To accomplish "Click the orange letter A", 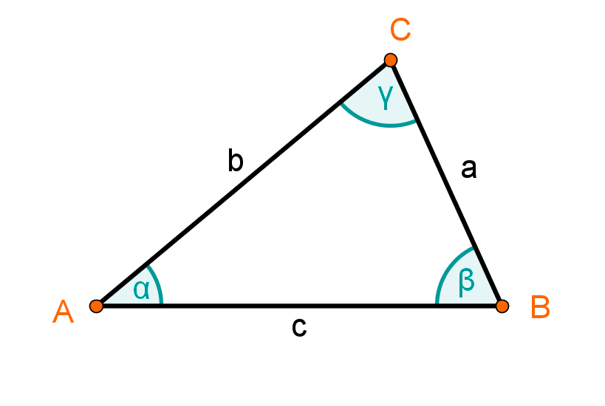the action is pos(63,312).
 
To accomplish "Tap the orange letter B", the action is pos(540,307).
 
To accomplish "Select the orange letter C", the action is pos(400,30).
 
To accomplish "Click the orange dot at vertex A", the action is pos(96,306).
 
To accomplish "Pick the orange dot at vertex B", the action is pos(502,306).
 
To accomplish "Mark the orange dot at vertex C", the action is pos(391,60).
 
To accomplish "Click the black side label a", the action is pos(469,169).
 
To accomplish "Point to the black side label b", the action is pos(236,160).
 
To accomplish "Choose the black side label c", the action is pos(299,327).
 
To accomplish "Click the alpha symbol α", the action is pos(141,290).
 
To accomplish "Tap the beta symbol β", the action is pos(466,283).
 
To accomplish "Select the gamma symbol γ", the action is pos(386,97).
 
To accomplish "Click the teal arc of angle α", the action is pos(157,283).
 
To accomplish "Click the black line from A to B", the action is pos(299,306).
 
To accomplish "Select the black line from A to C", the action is pos(243,183).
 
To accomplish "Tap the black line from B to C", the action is pos(446,183).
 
